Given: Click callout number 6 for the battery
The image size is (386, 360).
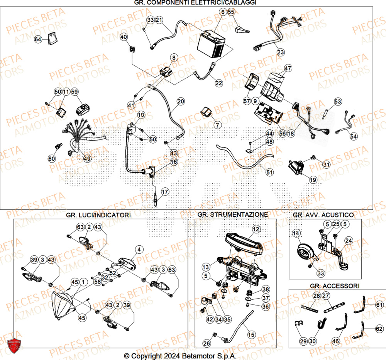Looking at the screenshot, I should pos(223,12).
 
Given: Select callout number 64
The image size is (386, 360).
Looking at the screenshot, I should pos(38,39).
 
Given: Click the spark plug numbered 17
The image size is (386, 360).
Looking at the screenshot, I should pos(156,201).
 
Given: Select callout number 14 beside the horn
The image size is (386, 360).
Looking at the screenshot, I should pos(296,233).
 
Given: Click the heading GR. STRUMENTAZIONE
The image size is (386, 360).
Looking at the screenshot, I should pos(232,214).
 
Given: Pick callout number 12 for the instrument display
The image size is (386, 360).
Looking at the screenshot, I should pos(255,229).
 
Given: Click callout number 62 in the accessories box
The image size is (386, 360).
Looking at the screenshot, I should pos(379,329).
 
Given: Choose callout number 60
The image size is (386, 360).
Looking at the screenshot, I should pos(52,158).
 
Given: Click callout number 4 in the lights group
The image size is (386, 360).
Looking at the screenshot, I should pos(139,249).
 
